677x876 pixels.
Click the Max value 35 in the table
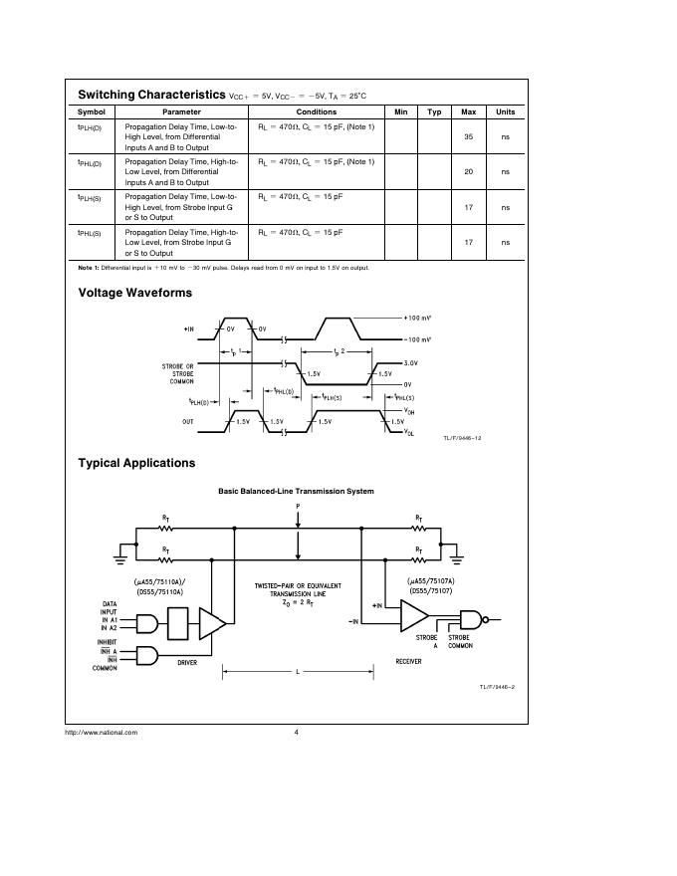pyautogui.click(x=469, y=136)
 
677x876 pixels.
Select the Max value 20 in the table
pyautogui.click(x=469, y=171)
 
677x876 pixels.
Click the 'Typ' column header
pyautogui.click(x=434, y=111)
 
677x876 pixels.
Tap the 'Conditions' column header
pyautogui.click(x=317, y=111)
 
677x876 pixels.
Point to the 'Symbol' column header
pyautogui.click(x=92, y=111)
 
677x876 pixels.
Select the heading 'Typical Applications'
pyautogui.click(x=136, y=463)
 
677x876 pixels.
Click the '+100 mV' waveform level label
pyautogui.click(x=417, y=318)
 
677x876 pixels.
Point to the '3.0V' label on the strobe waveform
pyautogui.click(x=412, y=364)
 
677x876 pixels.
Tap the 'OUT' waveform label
pyautogui.click(x=188, y=421)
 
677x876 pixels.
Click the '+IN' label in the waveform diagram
pyautogui.click(x=189, y=328)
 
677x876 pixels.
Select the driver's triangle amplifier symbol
pyautogui.click(x=213, y=624)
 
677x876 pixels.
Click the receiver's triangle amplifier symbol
pyautogui.click(x=413, y=614)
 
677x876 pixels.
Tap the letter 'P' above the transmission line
pyautogui.click(x=297, y=506)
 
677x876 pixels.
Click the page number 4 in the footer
pyautogui.click(x=297, y=733)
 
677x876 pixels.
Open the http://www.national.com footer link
pyautogui.click(x=101, y=733)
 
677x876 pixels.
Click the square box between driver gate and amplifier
pyautogui.click(x=180, y=624)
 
